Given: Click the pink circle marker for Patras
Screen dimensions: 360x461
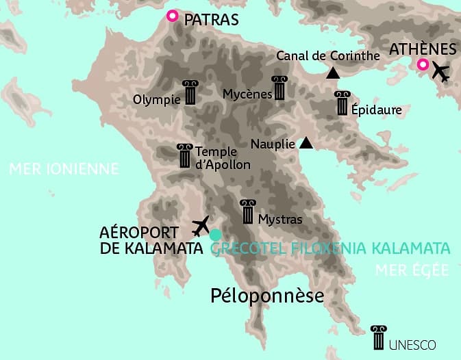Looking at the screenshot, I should [x=173, y=16].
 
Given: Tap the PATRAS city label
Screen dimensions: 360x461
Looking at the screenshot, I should [x=211, y=20].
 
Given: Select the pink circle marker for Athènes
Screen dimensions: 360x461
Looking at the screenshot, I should [x=423, y=66].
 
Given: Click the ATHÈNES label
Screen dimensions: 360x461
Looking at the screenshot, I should [x=423, y=49].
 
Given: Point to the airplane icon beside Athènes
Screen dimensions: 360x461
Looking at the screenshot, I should [x=441, y=71].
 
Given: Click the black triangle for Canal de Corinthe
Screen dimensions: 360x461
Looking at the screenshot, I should [x=333, y=73].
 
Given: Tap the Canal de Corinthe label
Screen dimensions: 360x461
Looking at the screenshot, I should [x=327, y=56].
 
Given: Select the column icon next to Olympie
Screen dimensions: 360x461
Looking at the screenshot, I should [x=190, y=92].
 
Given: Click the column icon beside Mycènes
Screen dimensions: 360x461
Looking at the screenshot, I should [x=279, y=88].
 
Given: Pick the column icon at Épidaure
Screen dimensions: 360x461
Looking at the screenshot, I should [x=342, y=103].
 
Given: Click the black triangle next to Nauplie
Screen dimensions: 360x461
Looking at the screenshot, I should [x=306, y=143].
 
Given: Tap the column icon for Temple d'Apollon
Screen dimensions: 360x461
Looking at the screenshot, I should [x=184, y=157].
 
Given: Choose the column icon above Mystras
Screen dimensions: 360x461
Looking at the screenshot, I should [x=247, y=212].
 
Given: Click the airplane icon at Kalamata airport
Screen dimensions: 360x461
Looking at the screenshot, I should [x=201, y=224].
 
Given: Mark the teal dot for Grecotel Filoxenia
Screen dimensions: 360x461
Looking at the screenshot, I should [x=216, y=235].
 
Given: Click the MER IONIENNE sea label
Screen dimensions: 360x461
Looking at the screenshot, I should [x=64, y=169].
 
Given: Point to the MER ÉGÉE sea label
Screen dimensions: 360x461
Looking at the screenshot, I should [x=412, y=270].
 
